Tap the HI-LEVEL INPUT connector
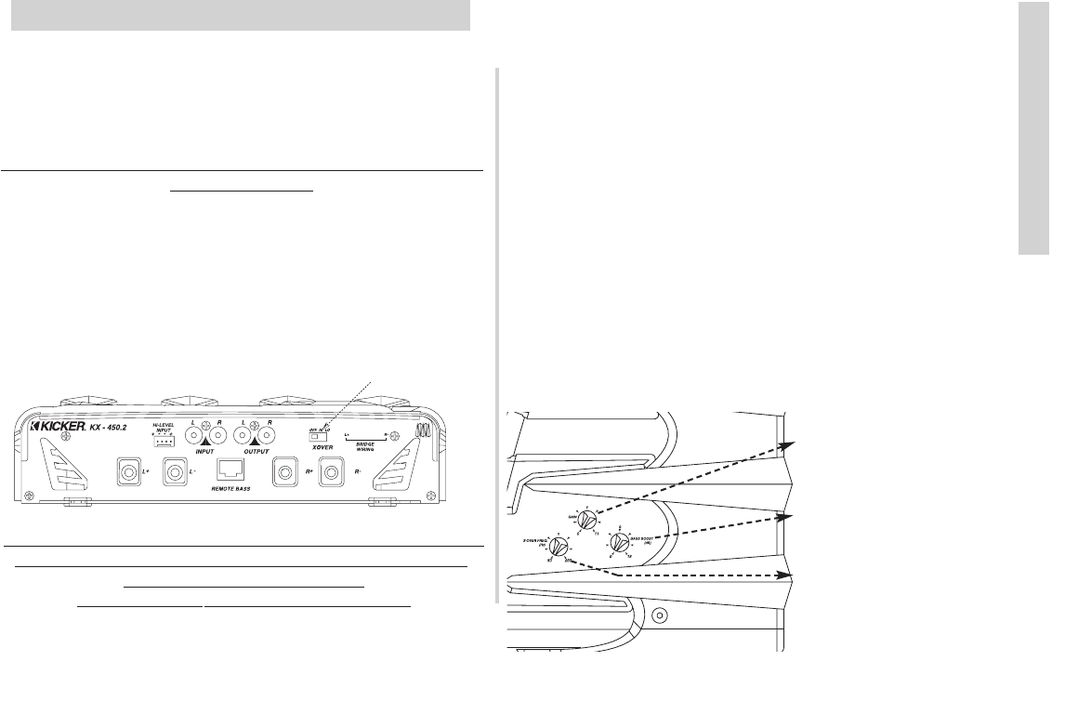click(x=164, y=442)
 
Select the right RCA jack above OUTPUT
click(x=270, y=433)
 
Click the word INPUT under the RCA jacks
click(x=205, y=451)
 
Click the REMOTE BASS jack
click(x=230, y=473)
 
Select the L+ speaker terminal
click(x=126, y=474)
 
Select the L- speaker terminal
click(x=172, y=474)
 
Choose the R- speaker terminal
click(x=330, y=474)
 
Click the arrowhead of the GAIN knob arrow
click(x=788, y=444)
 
